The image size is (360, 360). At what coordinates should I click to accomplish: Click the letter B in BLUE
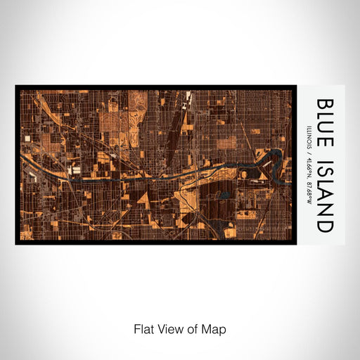[x=326, y=103]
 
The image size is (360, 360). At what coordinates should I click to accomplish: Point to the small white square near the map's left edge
[x=28, y=139]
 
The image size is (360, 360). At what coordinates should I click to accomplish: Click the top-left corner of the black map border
[x=16, y=86]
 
